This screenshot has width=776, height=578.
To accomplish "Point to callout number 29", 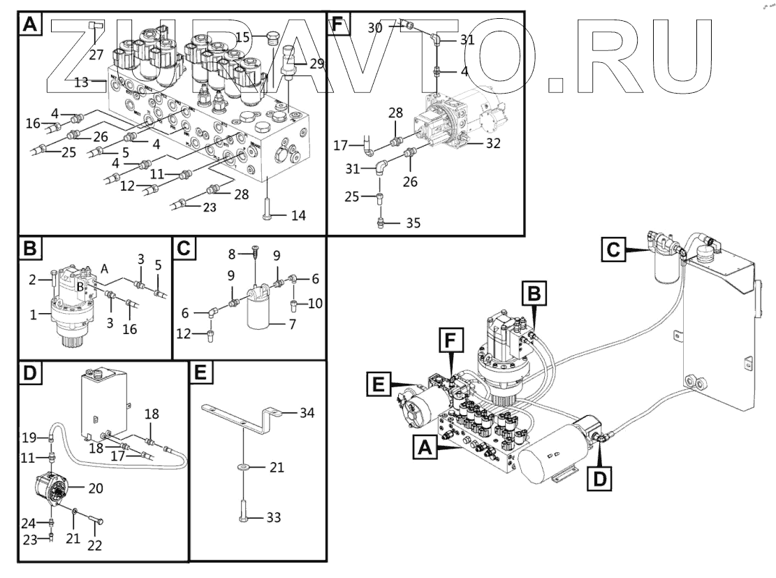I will (x=317, y=64).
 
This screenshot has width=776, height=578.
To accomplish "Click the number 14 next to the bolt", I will (x=298, y=215).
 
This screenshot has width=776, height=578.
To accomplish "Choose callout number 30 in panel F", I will (x=374, y=27).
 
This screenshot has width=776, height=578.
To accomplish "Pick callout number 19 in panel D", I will (x=28, y=439).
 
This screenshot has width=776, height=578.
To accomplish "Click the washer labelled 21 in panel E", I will (x=243, y=467).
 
